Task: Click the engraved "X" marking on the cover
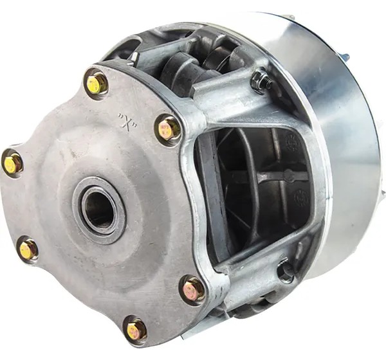tap(128, 121)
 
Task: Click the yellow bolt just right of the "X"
tap(167, 129)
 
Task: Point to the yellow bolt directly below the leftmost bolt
tap(28, 249)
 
